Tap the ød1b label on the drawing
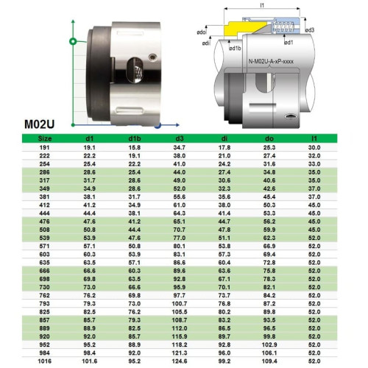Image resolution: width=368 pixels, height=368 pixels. pyautogui.click(x=236, y=49)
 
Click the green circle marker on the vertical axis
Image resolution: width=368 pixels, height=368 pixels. pyautogui.click(x=72, y=41)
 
